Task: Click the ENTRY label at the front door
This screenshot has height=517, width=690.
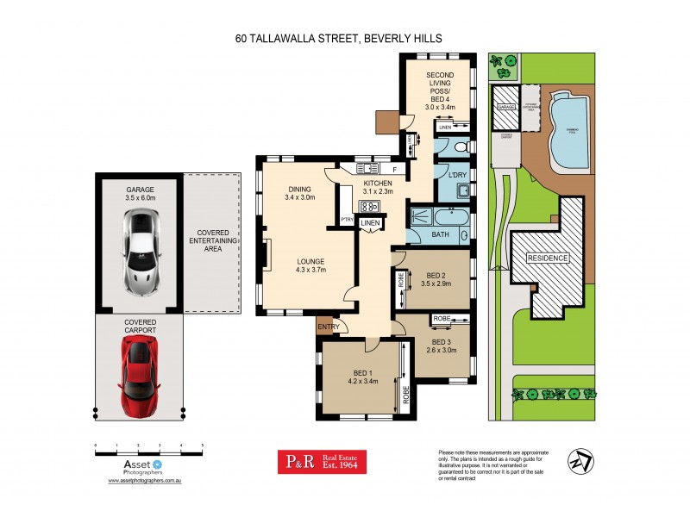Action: click(x=328, y=327)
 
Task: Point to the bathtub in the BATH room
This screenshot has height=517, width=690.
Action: click(x=439, y=217)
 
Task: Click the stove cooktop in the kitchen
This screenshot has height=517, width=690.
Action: click(x=369, y=207)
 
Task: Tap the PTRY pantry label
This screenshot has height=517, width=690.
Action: click(x=347, y=220)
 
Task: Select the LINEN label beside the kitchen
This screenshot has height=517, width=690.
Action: click(x=370, y=224)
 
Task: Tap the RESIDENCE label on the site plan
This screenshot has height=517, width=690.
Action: click(x=547, y=258)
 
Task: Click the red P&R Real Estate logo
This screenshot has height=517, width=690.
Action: click(x=322, y=462)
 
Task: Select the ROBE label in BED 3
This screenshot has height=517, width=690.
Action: click(x=441, y=319)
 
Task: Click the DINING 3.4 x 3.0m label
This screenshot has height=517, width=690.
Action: click(x=300, y=194)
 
